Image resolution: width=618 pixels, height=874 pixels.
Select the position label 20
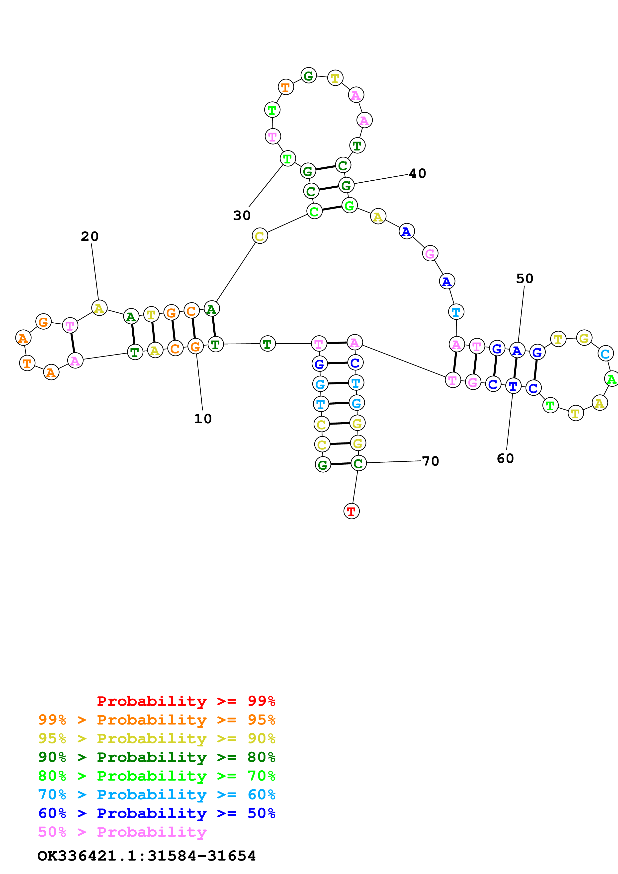[x=90, y=236]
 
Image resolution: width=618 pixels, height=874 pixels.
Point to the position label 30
[x=242, y=216]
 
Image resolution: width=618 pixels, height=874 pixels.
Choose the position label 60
[x=505, y=458]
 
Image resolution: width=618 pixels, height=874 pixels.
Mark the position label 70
[x=431, y=461]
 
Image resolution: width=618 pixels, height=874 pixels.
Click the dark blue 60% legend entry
[x=157, y=813]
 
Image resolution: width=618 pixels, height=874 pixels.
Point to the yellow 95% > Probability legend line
[x=157, y=738]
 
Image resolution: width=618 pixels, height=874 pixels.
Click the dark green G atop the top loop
[x=308, y=75]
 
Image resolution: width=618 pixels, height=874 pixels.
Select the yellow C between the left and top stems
[x=260, y=236]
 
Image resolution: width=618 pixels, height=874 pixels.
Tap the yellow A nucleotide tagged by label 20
[x=99, y=308]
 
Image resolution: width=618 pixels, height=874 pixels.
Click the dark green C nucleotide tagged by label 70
[x=358, y=463]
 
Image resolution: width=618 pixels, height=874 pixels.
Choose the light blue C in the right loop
[x=605, y=353]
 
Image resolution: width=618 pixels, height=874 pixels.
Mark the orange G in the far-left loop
[x=43, y=322]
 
